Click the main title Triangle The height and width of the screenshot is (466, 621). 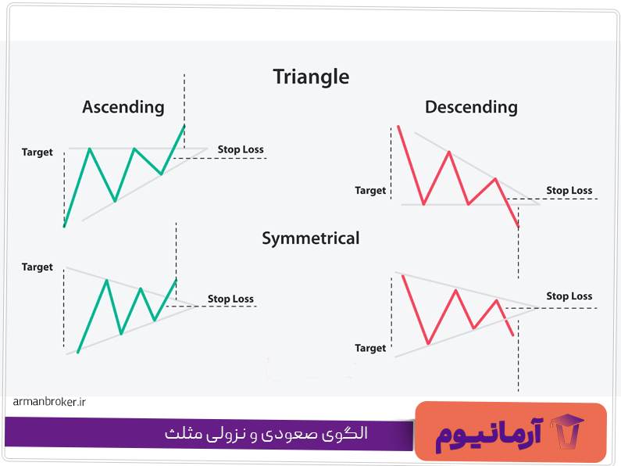point(311,77)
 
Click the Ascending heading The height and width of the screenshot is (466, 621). point(123,107)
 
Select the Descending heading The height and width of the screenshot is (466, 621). point(471,107)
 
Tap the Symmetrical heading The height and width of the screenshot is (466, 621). point(311,238)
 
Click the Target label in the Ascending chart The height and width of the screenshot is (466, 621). point(37,152)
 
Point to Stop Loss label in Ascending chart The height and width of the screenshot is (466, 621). point(241,149)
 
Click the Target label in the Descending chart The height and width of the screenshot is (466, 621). point(370,191)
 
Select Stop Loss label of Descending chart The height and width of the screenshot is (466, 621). point(569,191)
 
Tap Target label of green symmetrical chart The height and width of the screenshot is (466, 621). point(37,267)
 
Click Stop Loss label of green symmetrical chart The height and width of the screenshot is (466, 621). point(230,299)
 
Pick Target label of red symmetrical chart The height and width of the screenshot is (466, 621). point(370,348)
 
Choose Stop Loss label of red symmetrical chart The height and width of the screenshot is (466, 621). point(569,296)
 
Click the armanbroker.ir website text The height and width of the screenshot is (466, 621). point(49,402)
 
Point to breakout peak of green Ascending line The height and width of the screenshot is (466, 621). point(184,125)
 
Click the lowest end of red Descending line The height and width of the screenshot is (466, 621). point(518,228)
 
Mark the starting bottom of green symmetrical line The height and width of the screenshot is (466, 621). point(78,353)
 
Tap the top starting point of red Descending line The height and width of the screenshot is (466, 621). point(398,126)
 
